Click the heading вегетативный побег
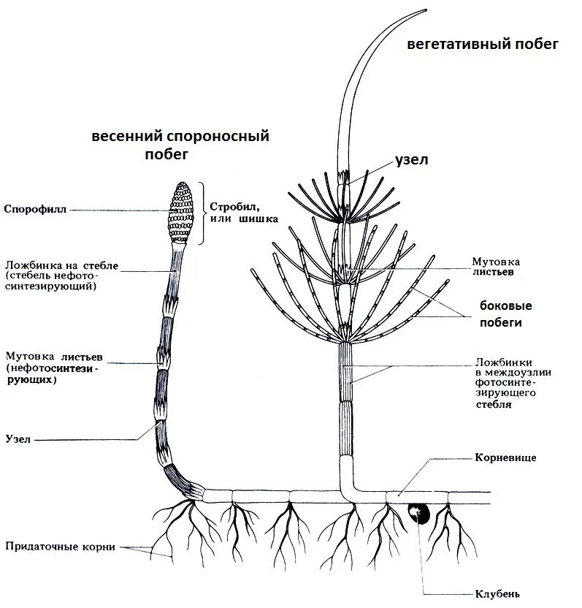tap(483, 45)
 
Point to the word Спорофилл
tap(35, 209)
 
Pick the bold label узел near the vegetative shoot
tap(411, 159)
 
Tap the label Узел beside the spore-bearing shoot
tap(18, 440)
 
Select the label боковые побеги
tap(505, 313)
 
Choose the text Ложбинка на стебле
tap(61, 264)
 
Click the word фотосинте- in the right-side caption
tap(506, 382)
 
